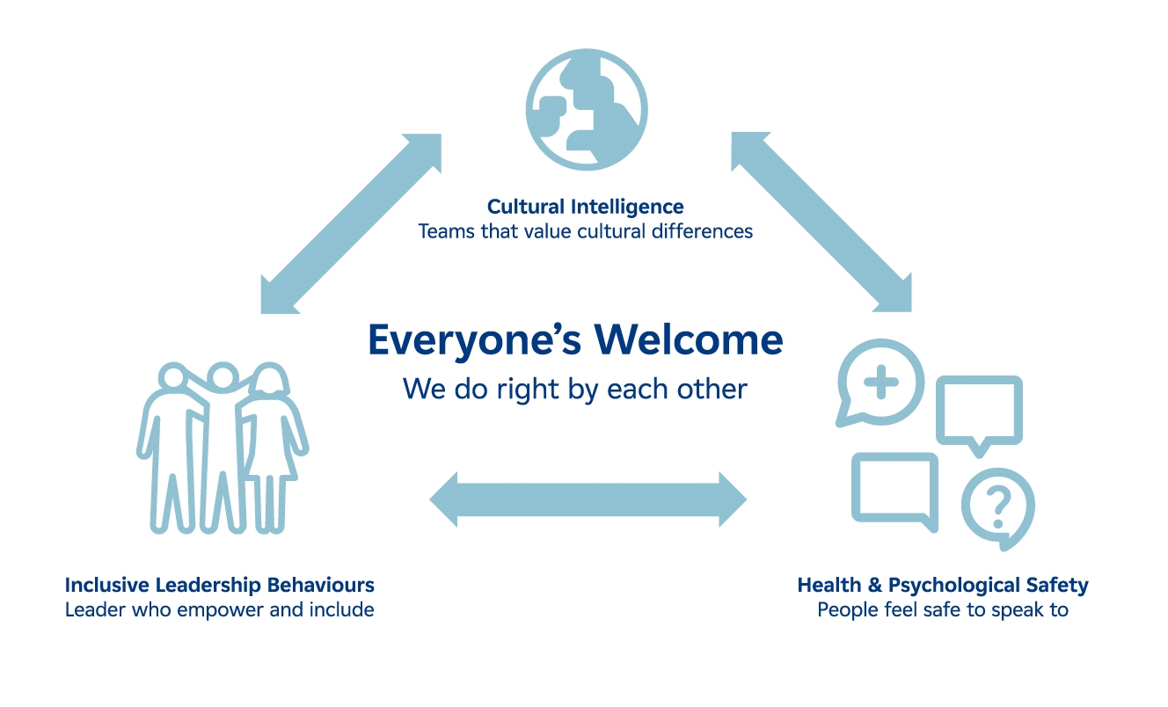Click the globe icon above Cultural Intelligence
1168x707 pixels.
pos(586,109)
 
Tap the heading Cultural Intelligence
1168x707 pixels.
pos(585,208)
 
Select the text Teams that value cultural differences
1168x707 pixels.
pos(585,231)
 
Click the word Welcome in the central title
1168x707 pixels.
pos(687,339)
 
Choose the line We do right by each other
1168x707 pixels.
pos(574,389)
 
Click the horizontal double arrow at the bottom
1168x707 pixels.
pos(588,499)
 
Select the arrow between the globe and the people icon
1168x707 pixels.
pos(351,223)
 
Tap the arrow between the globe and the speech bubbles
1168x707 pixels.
pos(821,223)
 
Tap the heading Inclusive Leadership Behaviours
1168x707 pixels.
pos(220,585)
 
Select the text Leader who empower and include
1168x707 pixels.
pos(220,609)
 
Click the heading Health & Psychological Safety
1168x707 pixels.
pos(943,585)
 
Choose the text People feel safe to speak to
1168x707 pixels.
pos(943,609)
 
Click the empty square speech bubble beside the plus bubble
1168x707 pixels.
pos(979,411)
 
